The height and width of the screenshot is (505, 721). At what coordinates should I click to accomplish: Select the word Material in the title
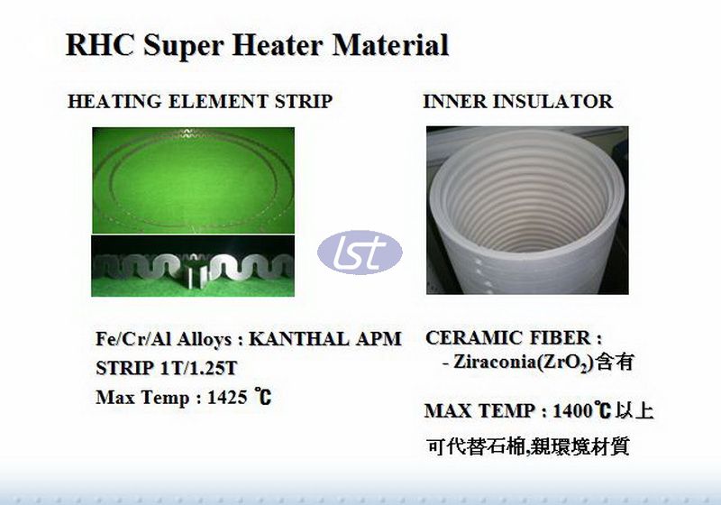pyautogui.click(x=390, y=44)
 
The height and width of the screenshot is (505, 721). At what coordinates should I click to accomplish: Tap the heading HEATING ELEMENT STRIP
pyautogui.click(x=199, y=101)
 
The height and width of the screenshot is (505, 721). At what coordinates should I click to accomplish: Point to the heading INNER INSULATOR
pyautogui.click(x=517, y=101)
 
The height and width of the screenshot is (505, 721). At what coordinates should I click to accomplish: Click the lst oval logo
pyautogui.click(x=360, y=252)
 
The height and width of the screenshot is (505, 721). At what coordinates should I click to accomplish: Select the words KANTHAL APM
pyautogui.click(x=325, y=339)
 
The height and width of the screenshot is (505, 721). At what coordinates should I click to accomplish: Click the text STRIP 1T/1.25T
pyautogui.click(x=167, y=368)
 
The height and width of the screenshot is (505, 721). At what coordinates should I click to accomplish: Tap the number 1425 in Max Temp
pyautogui.click(x=227, y=397)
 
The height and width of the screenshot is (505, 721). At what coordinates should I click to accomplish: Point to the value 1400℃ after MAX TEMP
pyautogui.click(x=581, y=410)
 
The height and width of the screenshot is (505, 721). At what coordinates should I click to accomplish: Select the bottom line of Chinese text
pyautogui.click(x=528, y=446)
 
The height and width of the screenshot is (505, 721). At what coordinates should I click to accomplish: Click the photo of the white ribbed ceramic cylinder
pyautogui.click(x=527, y=210)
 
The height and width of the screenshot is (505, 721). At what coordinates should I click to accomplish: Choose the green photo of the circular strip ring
pyautogui.click(x=193, y=180)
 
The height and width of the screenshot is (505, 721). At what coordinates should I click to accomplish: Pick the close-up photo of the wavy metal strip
pyautogui.click(x=193, y=266)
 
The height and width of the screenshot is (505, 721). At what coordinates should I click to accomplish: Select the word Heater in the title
pyautogui.click(x=278, y=44)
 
